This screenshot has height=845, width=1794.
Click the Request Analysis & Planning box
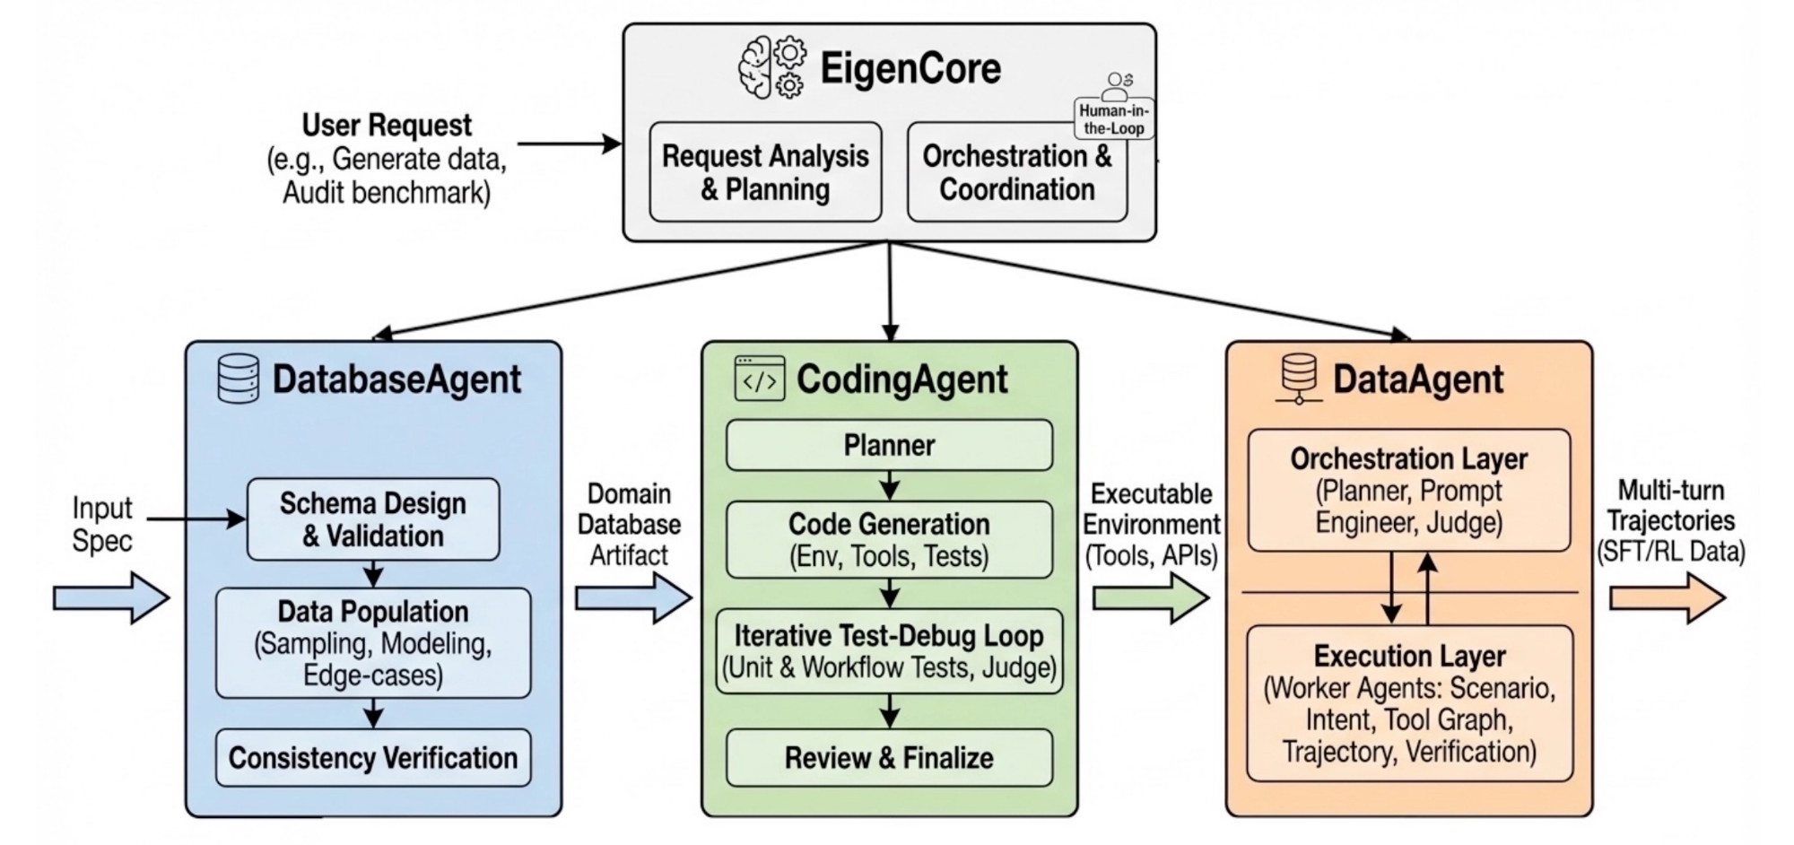point(765,172)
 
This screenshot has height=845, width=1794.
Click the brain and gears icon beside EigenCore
point(771,67)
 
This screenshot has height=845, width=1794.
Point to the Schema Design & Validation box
point(373,519)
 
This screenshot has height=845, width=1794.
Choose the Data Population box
point(373,642)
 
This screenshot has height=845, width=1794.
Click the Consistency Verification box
point(373,758)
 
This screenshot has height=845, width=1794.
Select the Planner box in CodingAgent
point(889,445)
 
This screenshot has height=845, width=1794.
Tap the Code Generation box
point(889,539)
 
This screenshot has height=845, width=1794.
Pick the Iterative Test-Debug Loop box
point(889,651)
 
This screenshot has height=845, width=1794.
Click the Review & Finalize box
point(889,758)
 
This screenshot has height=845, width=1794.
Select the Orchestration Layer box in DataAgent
point(1408,490)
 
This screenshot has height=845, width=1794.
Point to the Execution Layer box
point(1409,702)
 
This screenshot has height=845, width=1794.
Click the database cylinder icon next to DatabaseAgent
point(239,379)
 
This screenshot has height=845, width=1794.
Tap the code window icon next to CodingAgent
point(760,379)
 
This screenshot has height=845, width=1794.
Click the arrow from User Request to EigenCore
point(570,144)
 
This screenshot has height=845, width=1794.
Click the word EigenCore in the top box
point(910,69)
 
